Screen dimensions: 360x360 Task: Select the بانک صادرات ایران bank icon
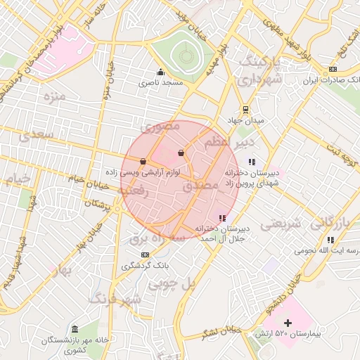(333, 69)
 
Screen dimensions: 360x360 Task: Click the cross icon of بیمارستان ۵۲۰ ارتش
(287, 323)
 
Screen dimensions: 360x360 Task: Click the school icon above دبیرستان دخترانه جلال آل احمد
(222, 219)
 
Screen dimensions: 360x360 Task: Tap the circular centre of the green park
(185, 55)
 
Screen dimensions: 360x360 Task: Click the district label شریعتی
(282, 224)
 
